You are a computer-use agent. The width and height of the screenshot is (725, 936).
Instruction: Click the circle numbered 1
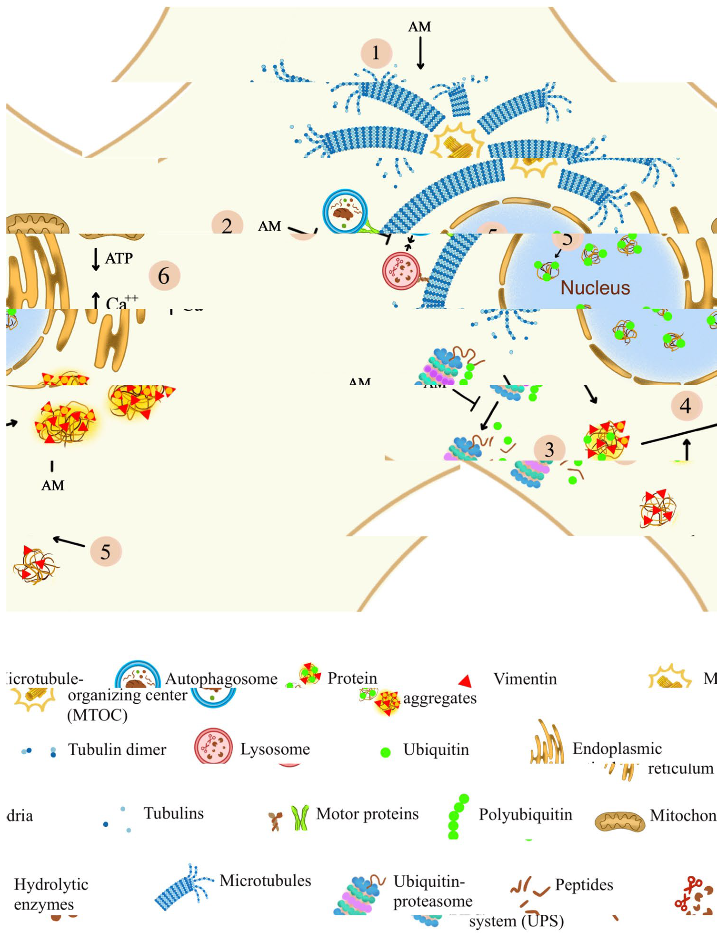coord(376,53)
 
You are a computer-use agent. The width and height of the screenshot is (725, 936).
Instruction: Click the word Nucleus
coord(595,288)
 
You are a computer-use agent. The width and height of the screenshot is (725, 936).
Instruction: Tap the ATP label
coord(119,258)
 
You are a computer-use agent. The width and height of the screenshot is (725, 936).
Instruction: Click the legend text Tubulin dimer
coord(117,750)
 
